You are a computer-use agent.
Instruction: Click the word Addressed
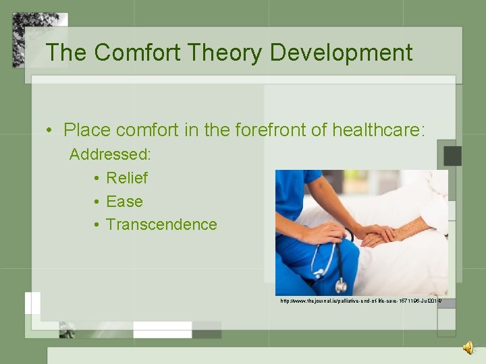pos(110,154)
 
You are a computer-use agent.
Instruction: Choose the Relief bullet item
pos(127,178)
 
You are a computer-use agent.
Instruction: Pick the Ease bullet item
pos(125,202)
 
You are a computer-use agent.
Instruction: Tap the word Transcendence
pos(161,224)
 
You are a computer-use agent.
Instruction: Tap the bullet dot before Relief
pos(97,179)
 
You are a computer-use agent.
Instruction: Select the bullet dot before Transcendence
pos(97,225)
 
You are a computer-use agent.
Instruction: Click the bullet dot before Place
pos(51,131)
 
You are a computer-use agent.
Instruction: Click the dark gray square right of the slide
pos(452,156)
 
